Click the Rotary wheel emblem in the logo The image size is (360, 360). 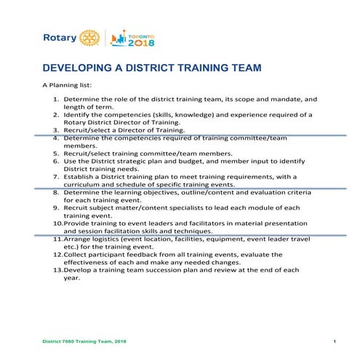[x=89, y=37]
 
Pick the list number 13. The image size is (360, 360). [x=57, y=270]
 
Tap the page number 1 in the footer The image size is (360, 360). [x=334, y=342]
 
